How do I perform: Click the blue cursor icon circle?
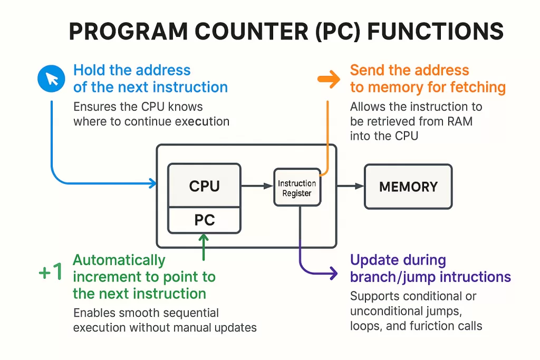click(51, 79)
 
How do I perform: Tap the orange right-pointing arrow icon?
click(330, 79)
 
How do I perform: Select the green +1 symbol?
click(51, 272)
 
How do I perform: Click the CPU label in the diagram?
click(204, 186)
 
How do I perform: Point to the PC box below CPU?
click(204, 220)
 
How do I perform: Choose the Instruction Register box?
click(297, 188)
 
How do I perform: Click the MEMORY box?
click(408, 187)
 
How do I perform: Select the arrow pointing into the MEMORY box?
click(351, 186)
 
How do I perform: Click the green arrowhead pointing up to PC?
click(204, 238)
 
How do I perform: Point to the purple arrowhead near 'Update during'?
click(333, 273)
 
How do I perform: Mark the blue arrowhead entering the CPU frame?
click(153, 183)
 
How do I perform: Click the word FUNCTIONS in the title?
click(435, 32)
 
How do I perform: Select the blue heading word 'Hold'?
click(90, 70)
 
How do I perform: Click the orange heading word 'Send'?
click(366, 70)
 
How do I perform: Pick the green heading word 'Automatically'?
click(119, 260)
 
